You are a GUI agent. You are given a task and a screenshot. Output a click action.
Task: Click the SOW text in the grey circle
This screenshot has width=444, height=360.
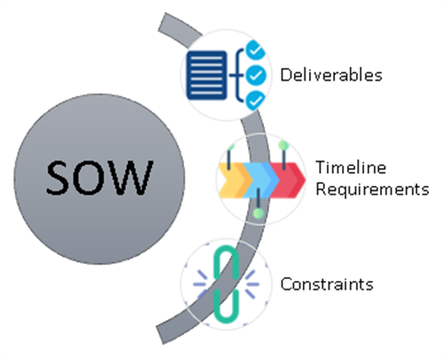(x=99, y=177)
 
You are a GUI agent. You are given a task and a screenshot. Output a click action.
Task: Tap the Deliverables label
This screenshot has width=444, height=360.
(x=331, y=75)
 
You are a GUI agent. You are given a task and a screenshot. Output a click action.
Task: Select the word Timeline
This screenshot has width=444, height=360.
(x=351, y=167)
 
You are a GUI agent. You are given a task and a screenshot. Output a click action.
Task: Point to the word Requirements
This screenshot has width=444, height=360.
(x=372, y=189)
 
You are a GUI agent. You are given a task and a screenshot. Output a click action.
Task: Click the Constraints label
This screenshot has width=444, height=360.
(x=327, y=284)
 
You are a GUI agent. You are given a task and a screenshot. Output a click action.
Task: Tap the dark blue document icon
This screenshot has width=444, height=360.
(x=207, y=76)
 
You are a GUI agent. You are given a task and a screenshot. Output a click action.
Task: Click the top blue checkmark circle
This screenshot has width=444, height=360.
(x=255, y=50)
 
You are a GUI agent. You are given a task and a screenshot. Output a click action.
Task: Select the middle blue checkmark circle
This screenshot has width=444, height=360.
(x=256, y=76)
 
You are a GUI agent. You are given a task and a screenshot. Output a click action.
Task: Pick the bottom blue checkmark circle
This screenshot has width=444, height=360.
(x=256, y=100)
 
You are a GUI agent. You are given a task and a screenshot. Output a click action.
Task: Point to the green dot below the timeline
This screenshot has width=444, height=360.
(x=258, y=213)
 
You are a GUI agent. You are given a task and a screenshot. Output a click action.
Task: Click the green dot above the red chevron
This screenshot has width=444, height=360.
(x=283, y=145)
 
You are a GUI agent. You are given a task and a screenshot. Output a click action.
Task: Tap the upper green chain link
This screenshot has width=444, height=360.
(x=226, y=262)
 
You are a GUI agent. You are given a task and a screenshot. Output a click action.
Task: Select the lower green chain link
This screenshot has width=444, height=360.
(x=226, y=307)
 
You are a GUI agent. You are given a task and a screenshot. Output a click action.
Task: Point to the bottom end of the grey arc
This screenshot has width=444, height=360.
(x=160, y=335)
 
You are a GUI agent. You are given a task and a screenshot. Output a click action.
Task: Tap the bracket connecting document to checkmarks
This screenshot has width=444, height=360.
(x=237, y=76)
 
